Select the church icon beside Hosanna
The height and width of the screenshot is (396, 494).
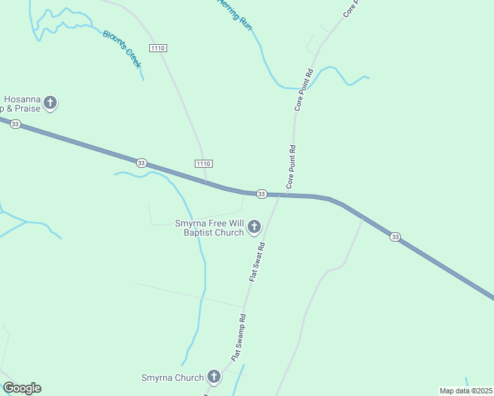[50, 103]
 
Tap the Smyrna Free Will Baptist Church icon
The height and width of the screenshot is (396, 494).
[254, 228]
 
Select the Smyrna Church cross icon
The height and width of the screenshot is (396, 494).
[213, 377]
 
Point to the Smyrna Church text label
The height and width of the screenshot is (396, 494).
[172, 378]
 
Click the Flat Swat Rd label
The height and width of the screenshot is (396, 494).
[257, 262]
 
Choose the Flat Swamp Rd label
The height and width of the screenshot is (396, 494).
[239, 337]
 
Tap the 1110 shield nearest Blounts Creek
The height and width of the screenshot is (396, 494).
[158, 48]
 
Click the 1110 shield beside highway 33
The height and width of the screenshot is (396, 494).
[203, 163]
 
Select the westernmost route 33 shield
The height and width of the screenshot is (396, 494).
[16, 124]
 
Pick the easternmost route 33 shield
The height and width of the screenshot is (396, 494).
[395, 236]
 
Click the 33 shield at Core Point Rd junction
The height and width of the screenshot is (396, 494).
[262, 193]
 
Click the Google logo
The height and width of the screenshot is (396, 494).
[22, 388]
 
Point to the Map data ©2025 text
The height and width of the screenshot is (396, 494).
[466, 391]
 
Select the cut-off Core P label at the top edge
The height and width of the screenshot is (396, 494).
[351, 8]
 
